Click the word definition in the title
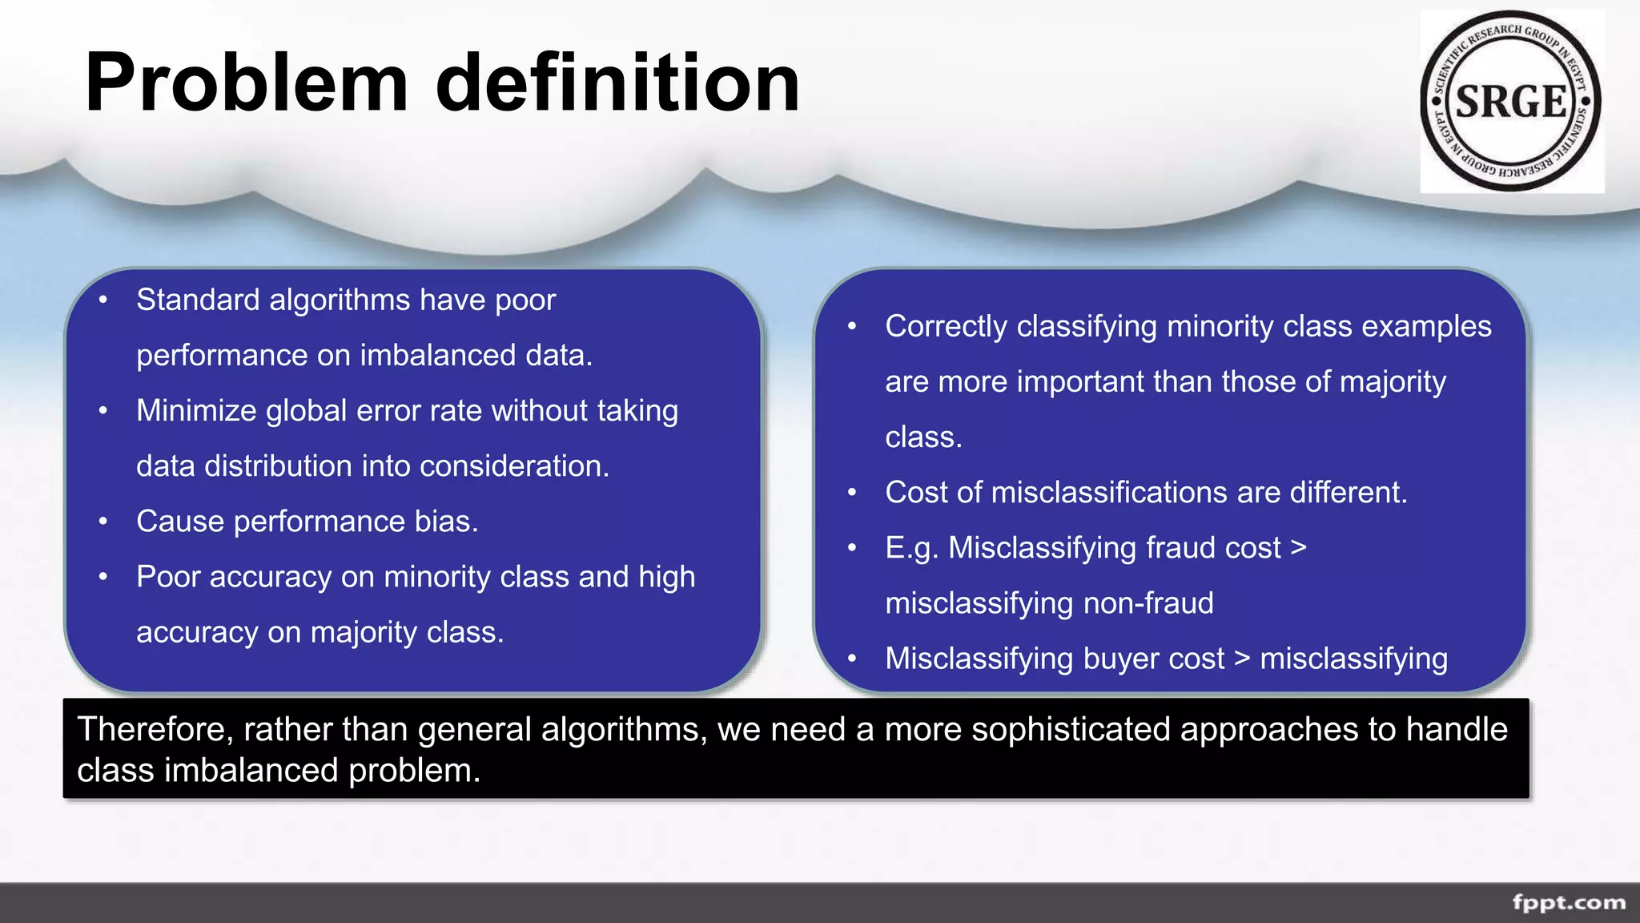pyautogui.click(x=617, y=83)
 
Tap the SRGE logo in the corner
pyautogui.click(x=1511, y=102)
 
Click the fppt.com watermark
pyautogui.click(x=1569, y=902)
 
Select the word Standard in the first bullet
pyautogui.click(x=198, y=300)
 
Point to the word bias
pyautogui.click(x=446, y=522)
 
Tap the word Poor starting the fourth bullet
pyautogui.click(x=167, y=577)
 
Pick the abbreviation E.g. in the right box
pyautogui.click(x=911, y=549)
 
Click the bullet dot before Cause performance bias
pyautogui.click(x=103, y=522)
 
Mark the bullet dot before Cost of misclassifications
pyautogui.click(x=852, y=493)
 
